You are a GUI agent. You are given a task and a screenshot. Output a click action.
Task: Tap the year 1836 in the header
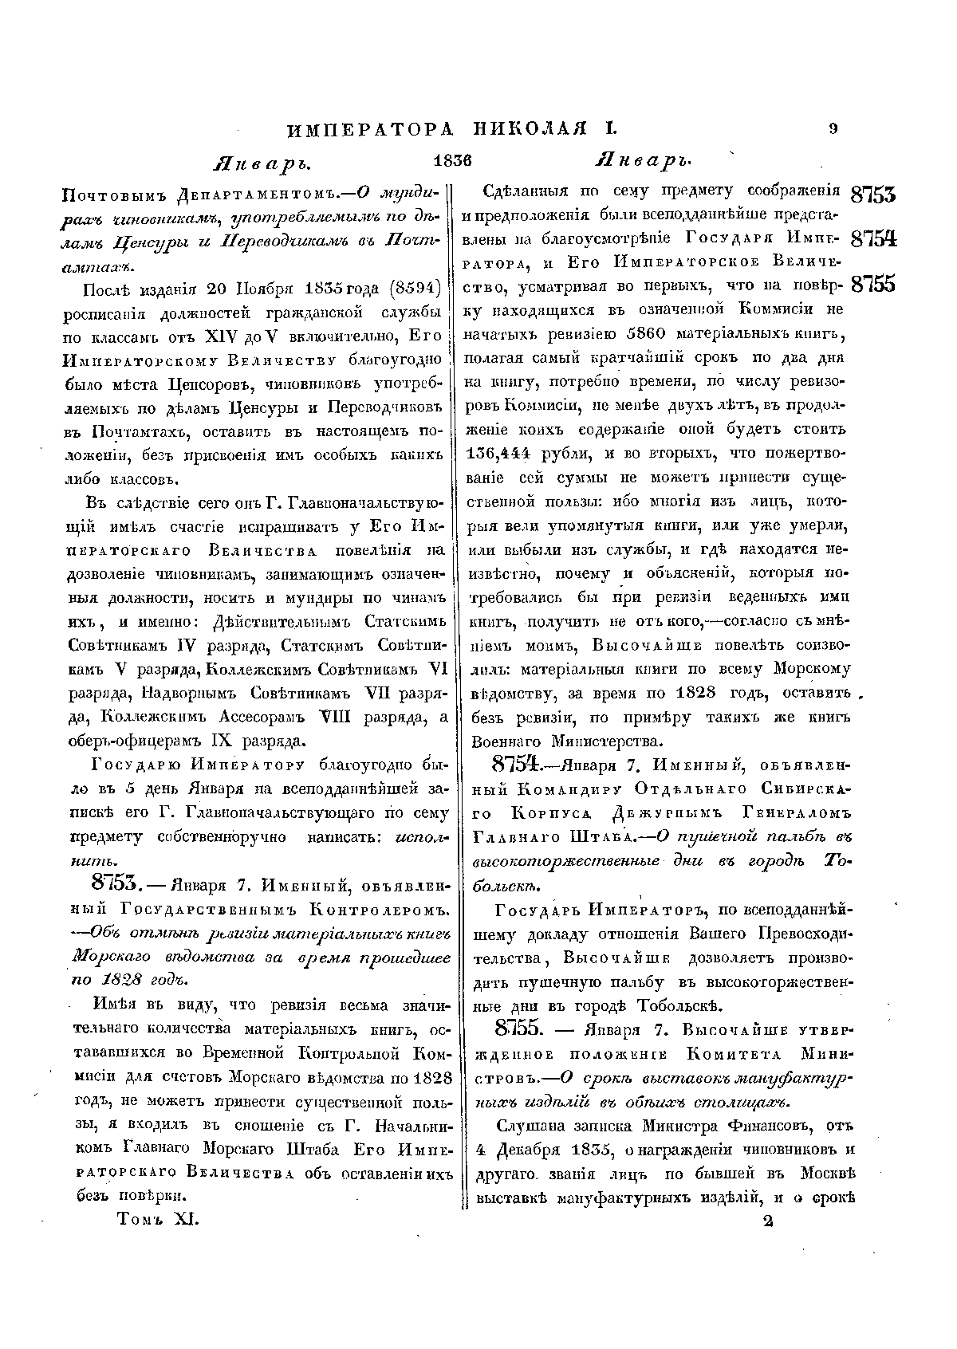452,159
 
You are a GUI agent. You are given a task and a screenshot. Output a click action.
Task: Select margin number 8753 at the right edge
874,195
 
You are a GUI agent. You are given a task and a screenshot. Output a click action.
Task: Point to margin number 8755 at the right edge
874,285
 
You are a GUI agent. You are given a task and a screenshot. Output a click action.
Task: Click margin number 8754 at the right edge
874,240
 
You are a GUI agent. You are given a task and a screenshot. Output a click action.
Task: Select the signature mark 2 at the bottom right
768,1221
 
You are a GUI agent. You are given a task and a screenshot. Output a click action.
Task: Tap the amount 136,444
498,454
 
